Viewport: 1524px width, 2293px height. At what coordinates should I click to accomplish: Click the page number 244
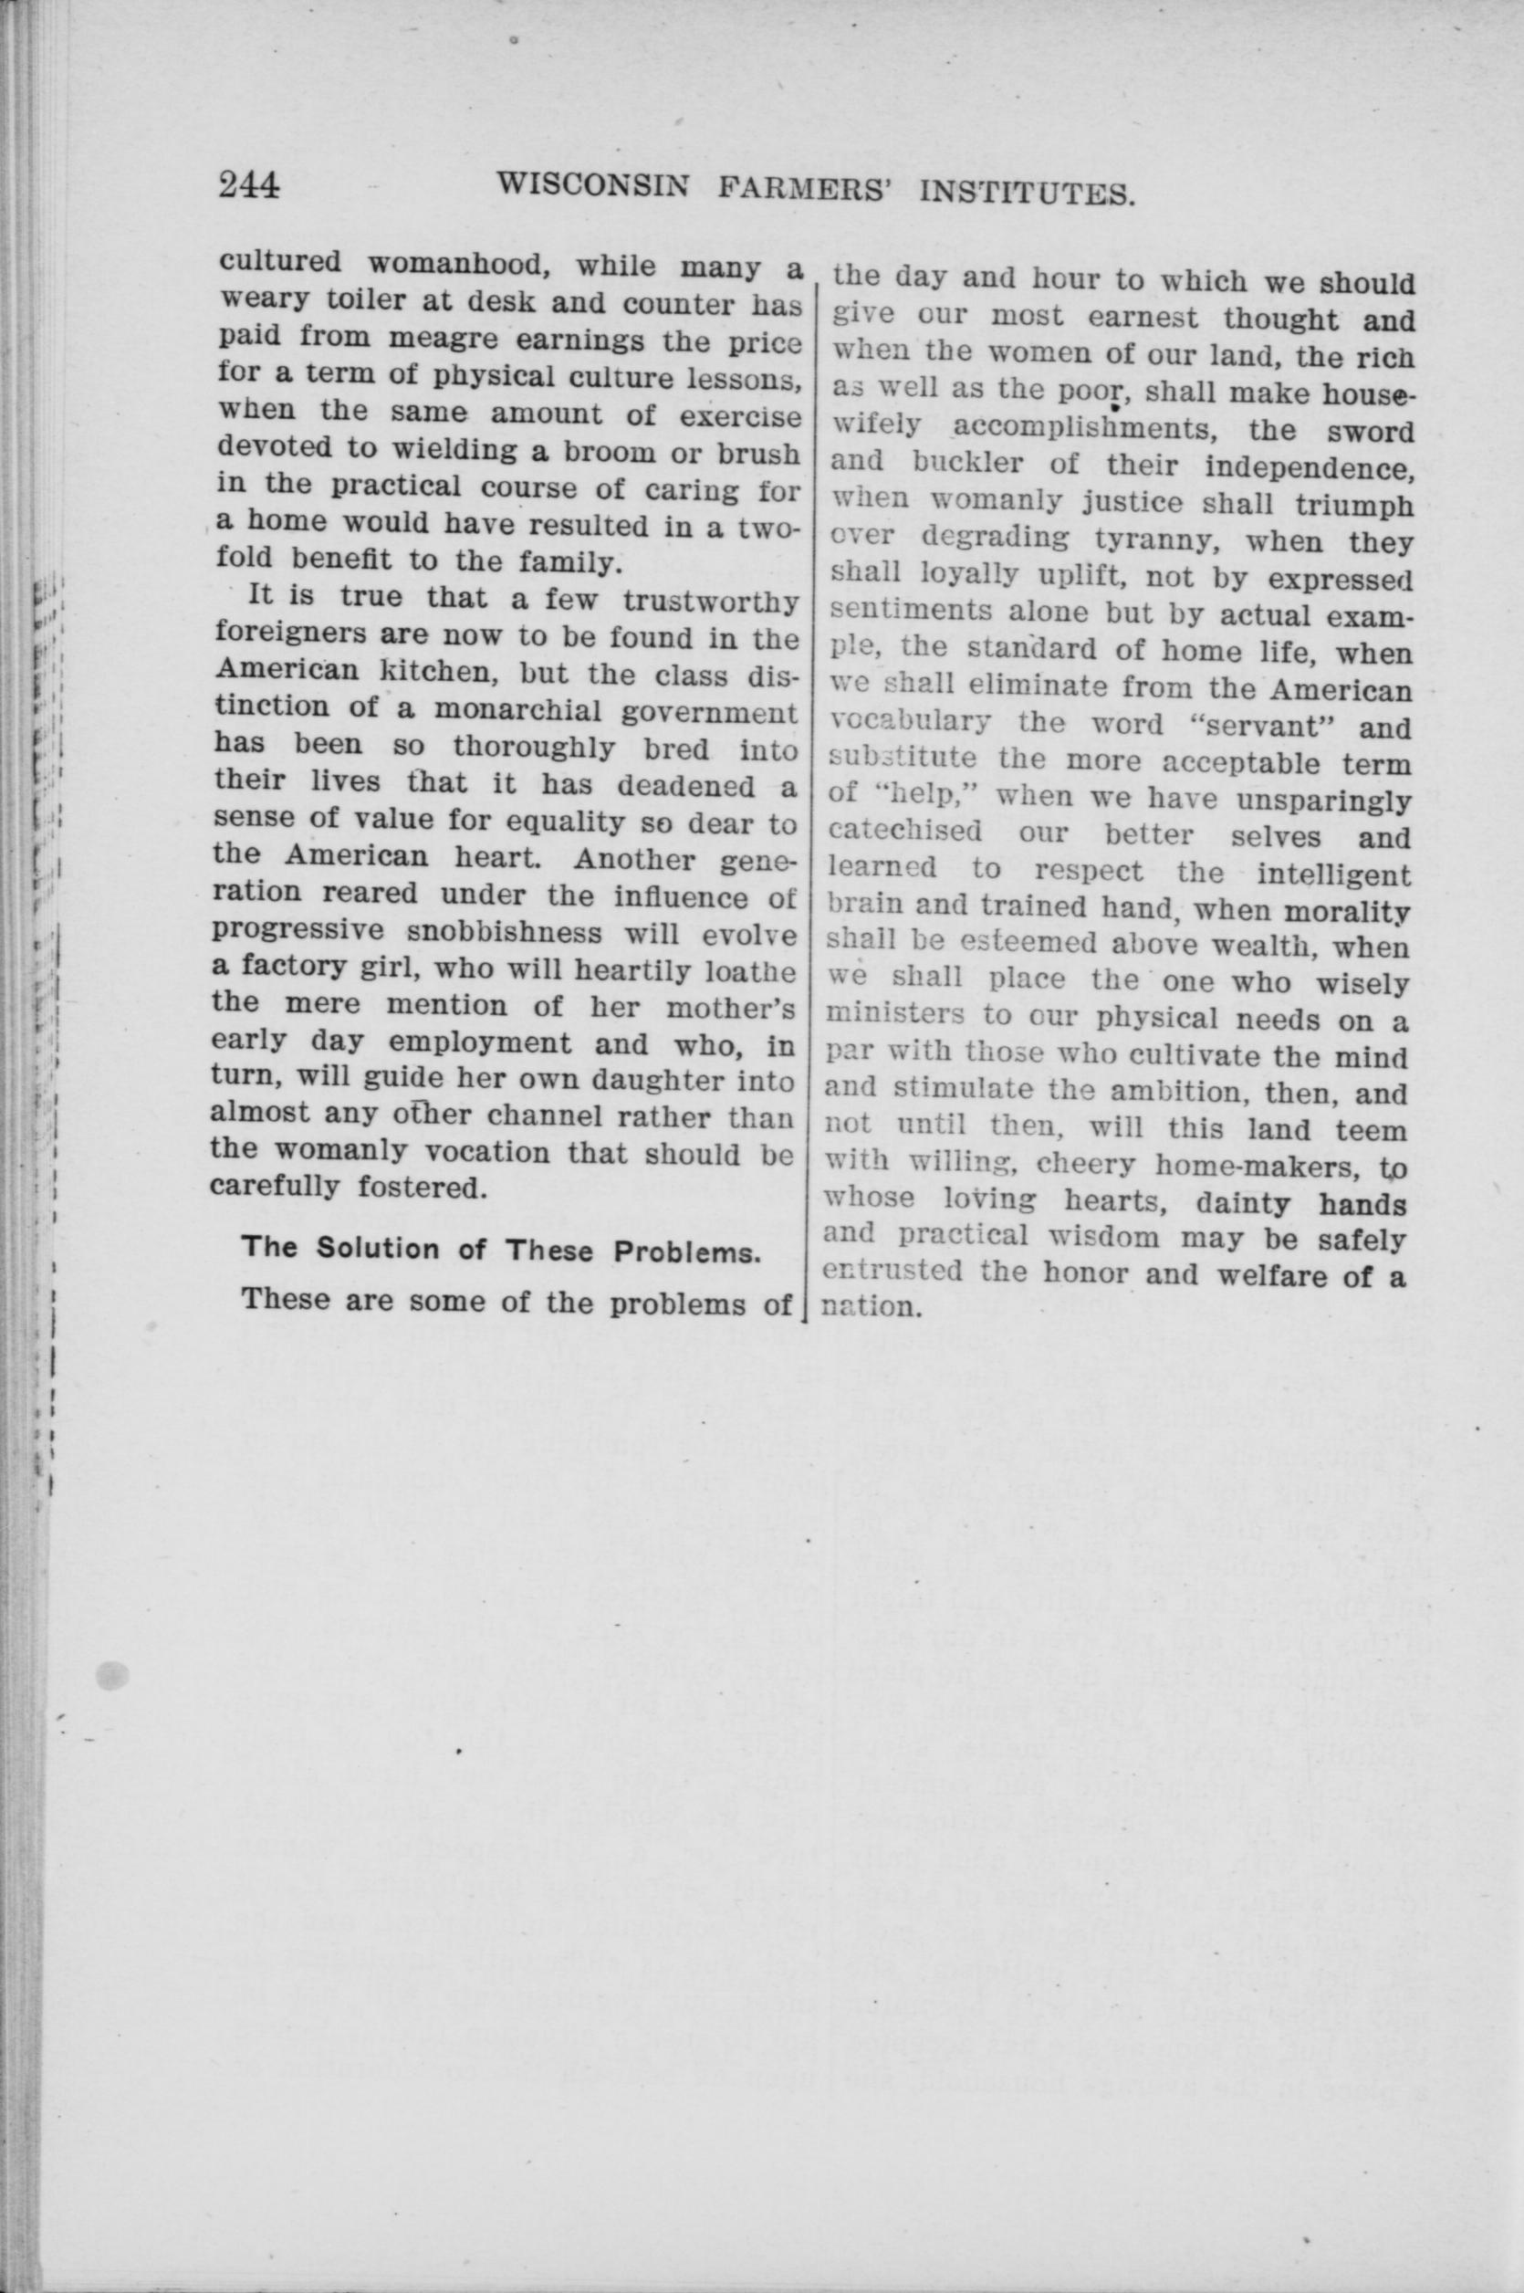[x=250, y=183]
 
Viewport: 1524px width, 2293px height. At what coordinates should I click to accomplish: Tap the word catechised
[x=903, y=833]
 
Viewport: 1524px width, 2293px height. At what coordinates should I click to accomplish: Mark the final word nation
[x=870, y=1306]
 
